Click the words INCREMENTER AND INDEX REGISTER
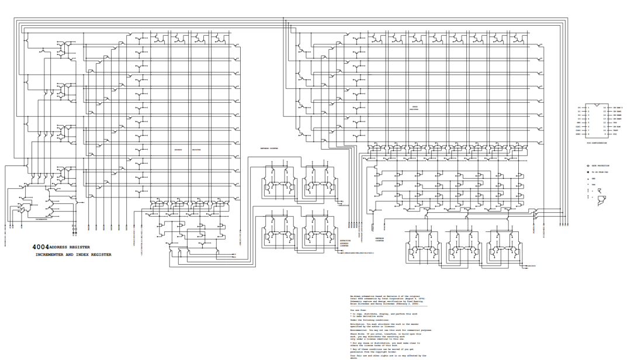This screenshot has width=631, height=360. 74,254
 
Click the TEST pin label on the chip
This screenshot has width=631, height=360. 615,130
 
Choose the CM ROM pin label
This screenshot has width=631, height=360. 616,126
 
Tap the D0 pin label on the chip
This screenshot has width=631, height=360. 580,108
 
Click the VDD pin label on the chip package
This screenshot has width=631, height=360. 615,123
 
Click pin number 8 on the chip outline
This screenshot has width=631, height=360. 588,134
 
